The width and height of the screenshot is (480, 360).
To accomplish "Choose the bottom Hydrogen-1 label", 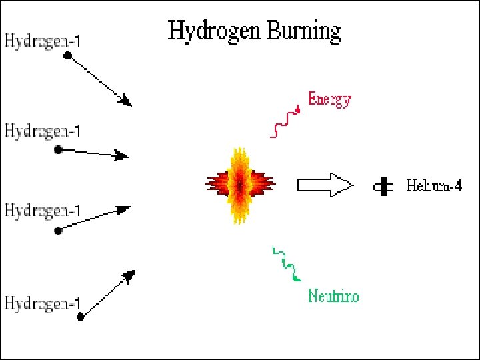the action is click(x=43, y=303).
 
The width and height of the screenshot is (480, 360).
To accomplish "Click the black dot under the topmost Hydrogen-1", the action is click(x=67, y=56).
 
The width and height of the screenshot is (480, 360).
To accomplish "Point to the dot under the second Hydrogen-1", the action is click(x=59, y=149).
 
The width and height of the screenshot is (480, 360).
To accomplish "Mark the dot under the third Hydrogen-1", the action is click(x=59, y=231).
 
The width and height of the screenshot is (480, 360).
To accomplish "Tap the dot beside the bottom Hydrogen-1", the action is click(x=81, y=317).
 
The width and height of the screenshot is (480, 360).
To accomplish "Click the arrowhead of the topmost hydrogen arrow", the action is click(x=126, y=101).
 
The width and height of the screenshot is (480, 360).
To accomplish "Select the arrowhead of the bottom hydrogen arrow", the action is click(x=129, y=275).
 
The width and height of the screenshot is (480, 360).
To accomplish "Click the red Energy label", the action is click(x=329, y=101).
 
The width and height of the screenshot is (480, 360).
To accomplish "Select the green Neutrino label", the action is click(x=333, y=296).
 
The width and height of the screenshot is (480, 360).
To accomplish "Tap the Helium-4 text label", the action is click(x=434, y=186).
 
